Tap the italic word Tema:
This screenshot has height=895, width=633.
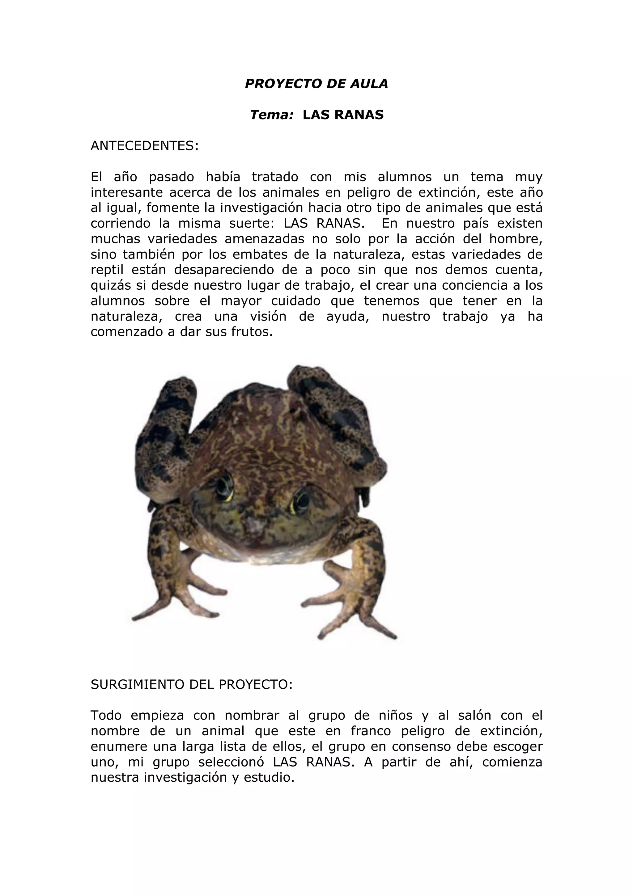(271, 115)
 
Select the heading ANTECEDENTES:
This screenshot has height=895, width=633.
(145, 146)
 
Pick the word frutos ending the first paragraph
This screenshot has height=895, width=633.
(250, 332)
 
